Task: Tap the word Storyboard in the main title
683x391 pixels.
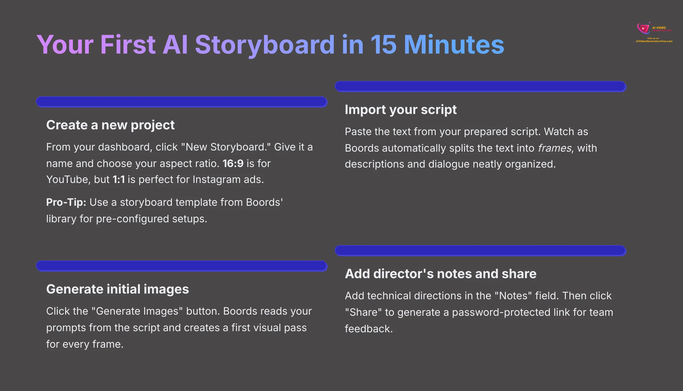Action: (265, 45)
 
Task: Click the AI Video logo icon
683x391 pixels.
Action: (643, 28)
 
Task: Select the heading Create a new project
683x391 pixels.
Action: (110, 125)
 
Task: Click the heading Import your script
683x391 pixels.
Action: (400, 110)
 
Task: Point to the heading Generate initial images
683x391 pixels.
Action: (117, 289)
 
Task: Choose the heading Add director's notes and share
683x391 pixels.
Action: (441, 274)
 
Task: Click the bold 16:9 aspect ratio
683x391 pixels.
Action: (233, 164)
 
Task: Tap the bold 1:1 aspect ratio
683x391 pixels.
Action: (118, 180)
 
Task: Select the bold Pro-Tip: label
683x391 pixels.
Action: (66, 202)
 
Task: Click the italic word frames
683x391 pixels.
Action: (554, 148)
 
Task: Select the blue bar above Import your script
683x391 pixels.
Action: (480, 86)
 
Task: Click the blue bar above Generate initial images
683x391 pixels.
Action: (182, 266)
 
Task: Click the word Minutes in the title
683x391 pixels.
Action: (454, 45)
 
